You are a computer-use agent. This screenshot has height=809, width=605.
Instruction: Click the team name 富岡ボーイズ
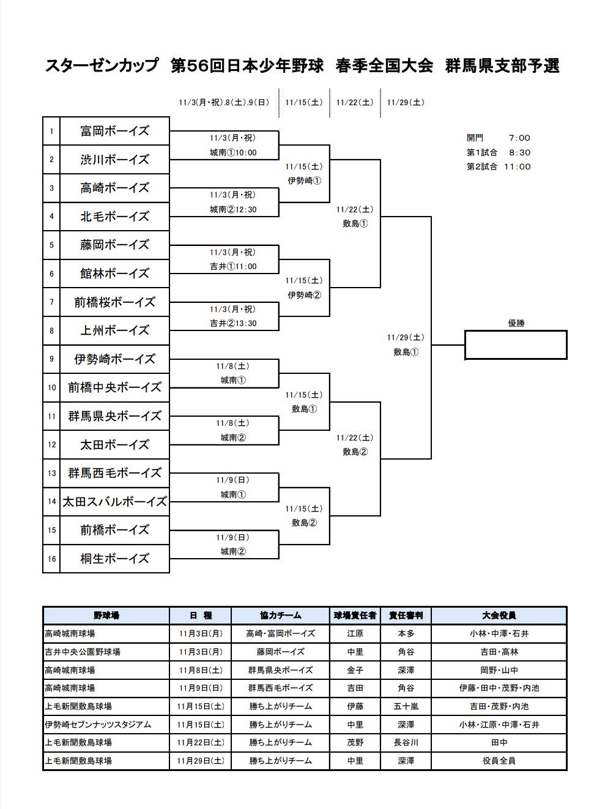coord(114,131)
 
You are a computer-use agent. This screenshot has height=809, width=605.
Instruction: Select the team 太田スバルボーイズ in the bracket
coord(114,502)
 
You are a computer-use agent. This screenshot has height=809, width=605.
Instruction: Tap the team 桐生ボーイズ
coord(114,559)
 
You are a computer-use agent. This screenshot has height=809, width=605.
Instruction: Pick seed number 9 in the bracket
coord(51,359)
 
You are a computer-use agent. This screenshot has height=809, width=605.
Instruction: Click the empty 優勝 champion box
coord(516,345)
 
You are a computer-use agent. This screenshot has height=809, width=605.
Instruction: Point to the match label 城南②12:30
coord(232,209)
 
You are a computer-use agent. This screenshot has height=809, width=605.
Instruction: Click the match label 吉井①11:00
coord(232,266)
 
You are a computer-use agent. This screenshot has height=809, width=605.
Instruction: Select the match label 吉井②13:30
coord(232,323)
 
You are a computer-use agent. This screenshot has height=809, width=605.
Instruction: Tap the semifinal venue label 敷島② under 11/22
coord(355,452)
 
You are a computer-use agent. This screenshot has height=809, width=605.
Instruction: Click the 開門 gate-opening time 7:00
coord(519,138)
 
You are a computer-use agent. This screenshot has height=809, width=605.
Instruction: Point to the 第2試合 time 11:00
coord(517,166)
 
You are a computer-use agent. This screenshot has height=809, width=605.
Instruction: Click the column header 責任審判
coord(406,616)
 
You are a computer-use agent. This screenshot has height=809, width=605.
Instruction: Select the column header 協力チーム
coord(280,616)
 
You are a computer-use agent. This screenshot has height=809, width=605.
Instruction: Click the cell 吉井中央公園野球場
coord(83,652)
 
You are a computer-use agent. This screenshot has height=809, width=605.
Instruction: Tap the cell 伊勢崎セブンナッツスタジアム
coord(98,725)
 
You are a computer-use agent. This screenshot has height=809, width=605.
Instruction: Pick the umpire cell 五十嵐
coord(406,706)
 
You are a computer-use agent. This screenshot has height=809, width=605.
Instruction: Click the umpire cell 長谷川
coord(406,742)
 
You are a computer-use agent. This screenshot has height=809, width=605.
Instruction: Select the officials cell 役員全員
coord(499,761)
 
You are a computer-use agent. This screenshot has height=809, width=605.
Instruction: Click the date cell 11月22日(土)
coord(200,742)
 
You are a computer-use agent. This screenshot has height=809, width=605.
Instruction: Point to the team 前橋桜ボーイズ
coord(114,302)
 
